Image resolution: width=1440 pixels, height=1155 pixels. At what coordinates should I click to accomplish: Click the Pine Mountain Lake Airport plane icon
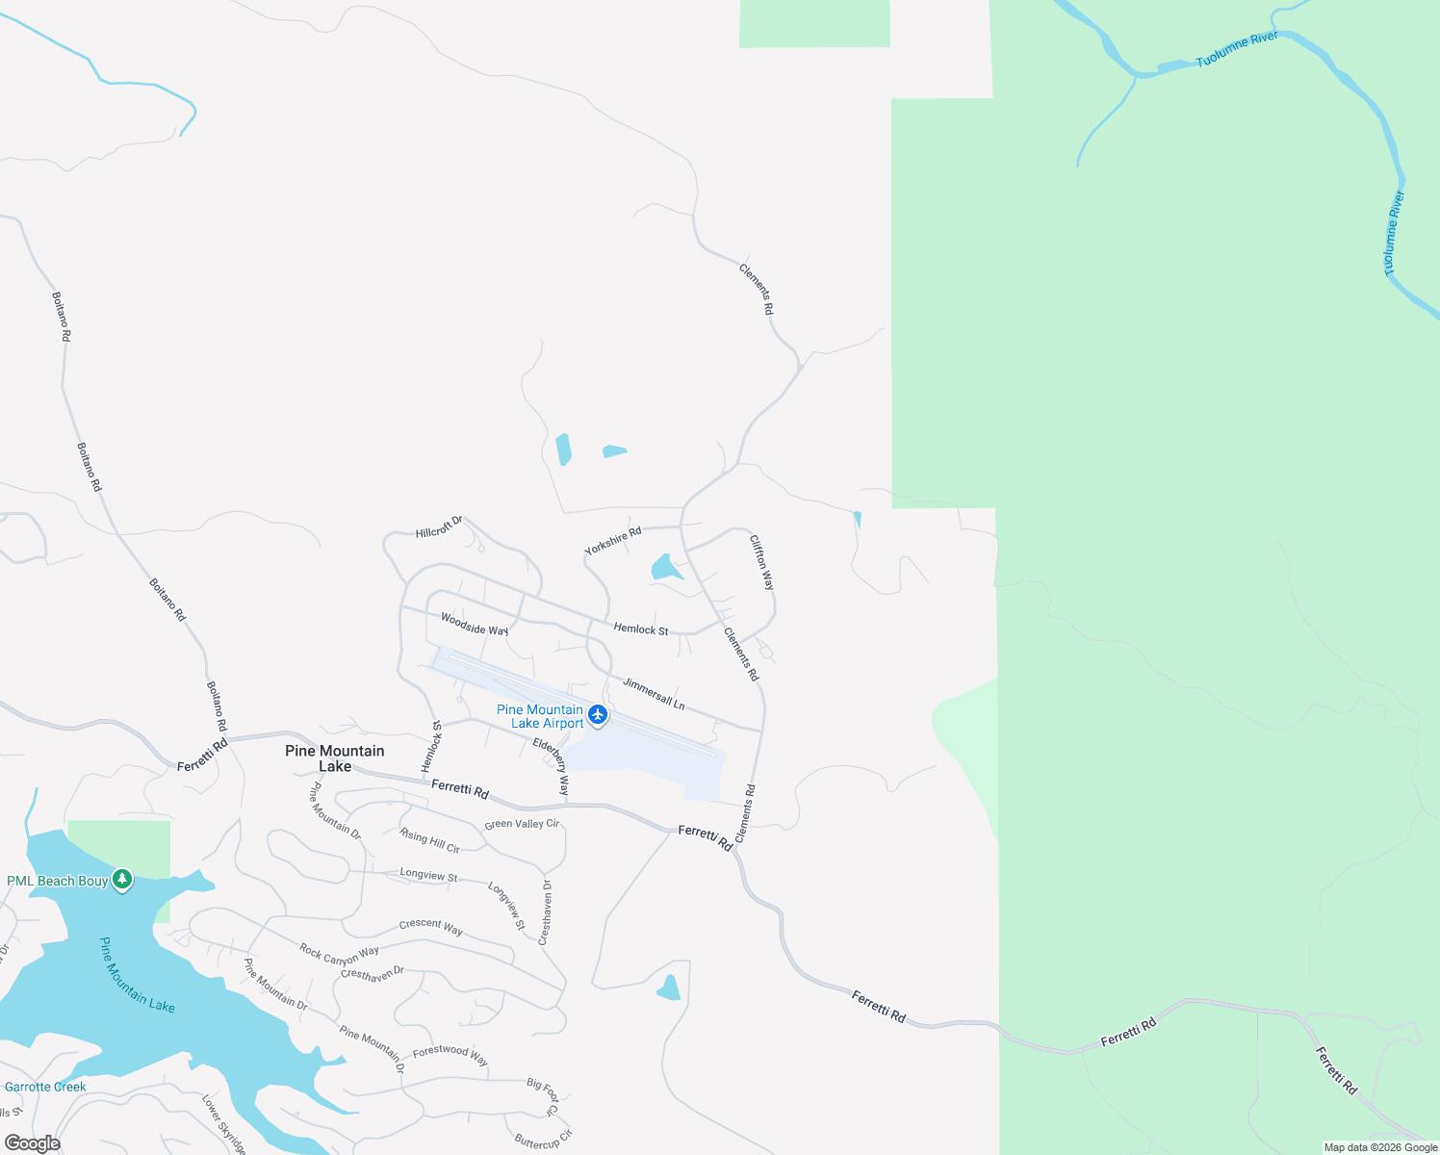click(x=599, y=714)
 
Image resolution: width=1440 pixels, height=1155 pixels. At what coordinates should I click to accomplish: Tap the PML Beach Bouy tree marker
click(x=121, y=880)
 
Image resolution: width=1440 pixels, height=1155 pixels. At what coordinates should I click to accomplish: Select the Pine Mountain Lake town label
click(x=335, y=758)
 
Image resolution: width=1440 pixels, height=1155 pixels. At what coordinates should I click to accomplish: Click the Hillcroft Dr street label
click(x=439, y=527)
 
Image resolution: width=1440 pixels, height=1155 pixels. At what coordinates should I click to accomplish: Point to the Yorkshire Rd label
click(x=613, y=541)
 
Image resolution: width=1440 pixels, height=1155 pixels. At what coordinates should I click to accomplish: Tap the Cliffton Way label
click(x=761, y=563)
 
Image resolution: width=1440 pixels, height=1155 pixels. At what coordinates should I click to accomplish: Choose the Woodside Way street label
click(x=475, y=624)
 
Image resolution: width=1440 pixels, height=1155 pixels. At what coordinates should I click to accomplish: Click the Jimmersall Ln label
click(x=654, y=694)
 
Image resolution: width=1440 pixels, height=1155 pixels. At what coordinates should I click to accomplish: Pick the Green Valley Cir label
click(x=522, y=824)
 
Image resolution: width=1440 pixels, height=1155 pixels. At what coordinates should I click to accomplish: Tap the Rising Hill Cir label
click(x=429, y=840)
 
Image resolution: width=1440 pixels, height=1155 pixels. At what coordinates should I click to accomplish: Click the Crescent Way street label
click(x=431, y=927)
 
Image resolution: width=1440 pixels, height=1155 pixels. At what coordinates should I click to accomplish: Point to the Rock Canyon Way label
click(x=339, y=955)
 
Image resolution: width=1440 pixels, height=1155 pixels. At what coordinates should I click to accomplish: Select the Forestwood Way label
click(x=450, y=1055)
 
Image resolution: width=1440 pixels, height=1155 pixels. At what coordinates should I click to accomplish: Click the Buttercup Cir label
click(x=543, y=1141)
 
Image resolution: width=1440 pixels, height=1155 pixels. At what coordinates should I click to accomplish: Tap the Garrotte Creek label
click(x=45, y=1087)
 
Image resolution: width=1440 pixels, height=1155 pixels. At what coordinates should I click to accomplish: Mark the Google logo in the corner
click(x=33, y=1143)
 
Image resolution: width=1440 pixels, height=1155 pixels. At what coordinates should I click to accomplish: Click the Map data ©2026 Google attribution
click(x=1380, y=1147)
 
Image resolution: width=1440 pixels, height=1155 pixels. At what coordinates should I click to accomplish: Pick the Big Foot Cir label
click(x=543, y=1097)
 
